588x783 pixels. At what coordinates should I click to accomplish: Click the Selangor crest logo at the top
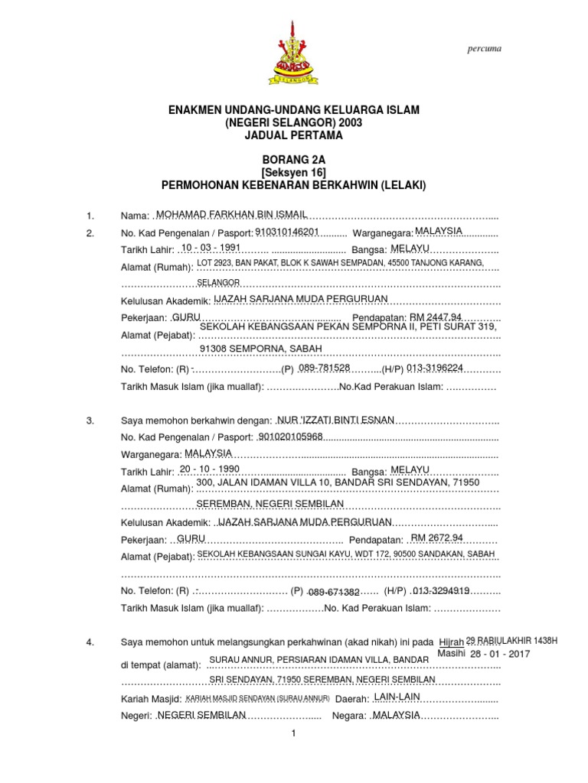pyautogui.click(x=293, y=52)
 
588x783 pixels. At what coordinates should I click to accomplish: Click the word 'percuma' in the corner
pyautogui.click(x=484, y=49)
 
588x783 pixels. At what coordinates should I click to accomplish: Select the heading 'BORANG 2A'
pyautogui.click(x=293, y=159)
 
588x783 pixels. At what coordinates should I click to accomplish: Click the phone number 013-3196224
pyautogui.click(x=435, y=368)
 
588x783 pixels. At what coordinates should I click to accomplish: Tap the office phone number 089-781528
pyautogui.click(x=324, y=368)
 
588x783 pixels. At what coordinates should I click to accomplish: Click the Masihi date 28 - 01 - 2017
pyautogui.click(x=500, y=655)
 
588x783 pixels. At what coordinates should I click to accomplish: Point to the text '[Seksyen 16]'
pyautogui.click(x=293, y=172)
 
